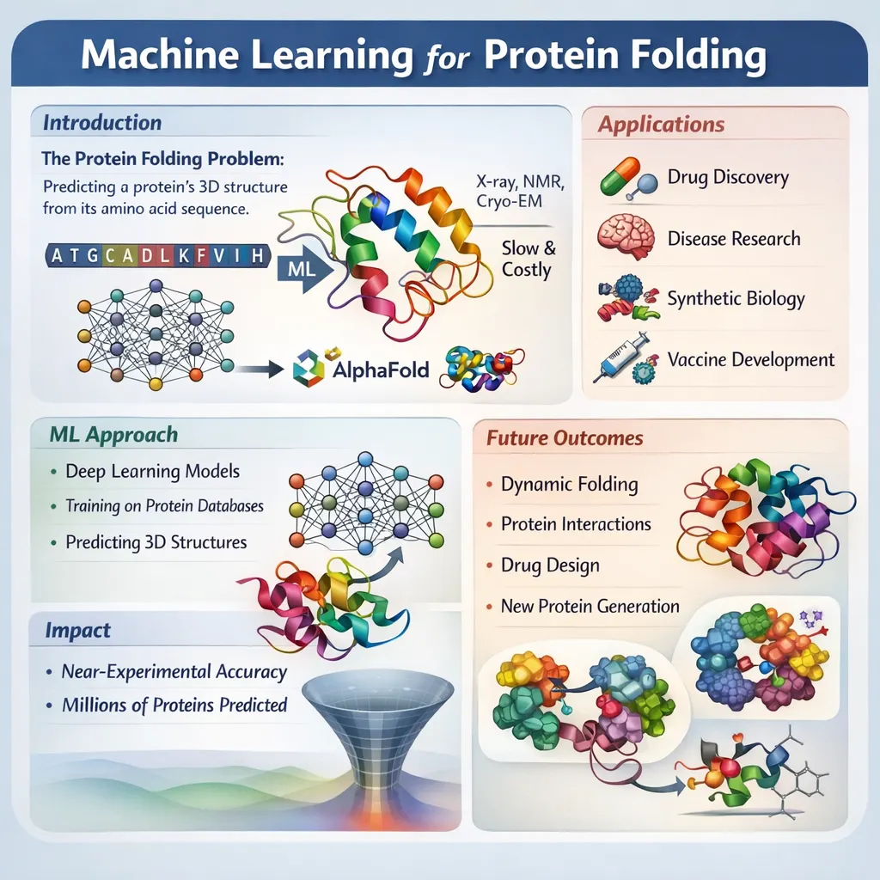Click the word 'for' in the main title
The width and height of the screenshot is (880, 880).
coord(447,58)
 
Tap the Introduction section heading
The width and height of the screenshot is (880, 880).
coord(102,122)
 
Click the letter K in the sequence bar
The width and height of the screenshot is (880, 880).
coord(184,256)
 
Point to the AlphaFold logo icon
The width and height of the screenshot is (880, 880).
coord(309,367)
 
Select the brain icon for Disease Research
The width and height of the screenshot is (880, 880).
coord(626,236)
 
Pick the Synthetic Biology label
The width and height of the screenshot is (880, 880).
coord(736,298)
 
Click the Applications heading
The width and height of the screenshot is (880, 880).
coord(661,124)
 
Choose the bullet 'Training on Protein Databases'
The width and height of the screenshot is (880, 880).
coord(164,505)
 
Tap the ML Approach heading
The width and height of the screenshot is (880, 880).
coord(113,434)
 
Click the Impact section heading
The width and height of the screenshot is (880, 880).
coord(77,630)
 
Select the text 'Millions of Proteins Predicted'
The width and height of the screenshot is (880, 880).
coord(174,705)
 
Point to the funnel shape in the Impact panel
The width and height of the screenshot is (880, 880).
coord(377,730)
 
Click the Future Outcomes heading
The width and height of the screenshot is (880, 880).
coord(565,437)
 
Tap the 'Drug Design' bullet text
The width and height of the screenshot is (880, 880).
coord(550,565)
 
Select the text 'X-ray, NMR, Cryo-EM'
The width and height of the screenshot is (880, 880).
coord(520,191)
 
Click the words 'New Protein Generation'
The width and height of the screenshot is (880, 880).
coord(590,606)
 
